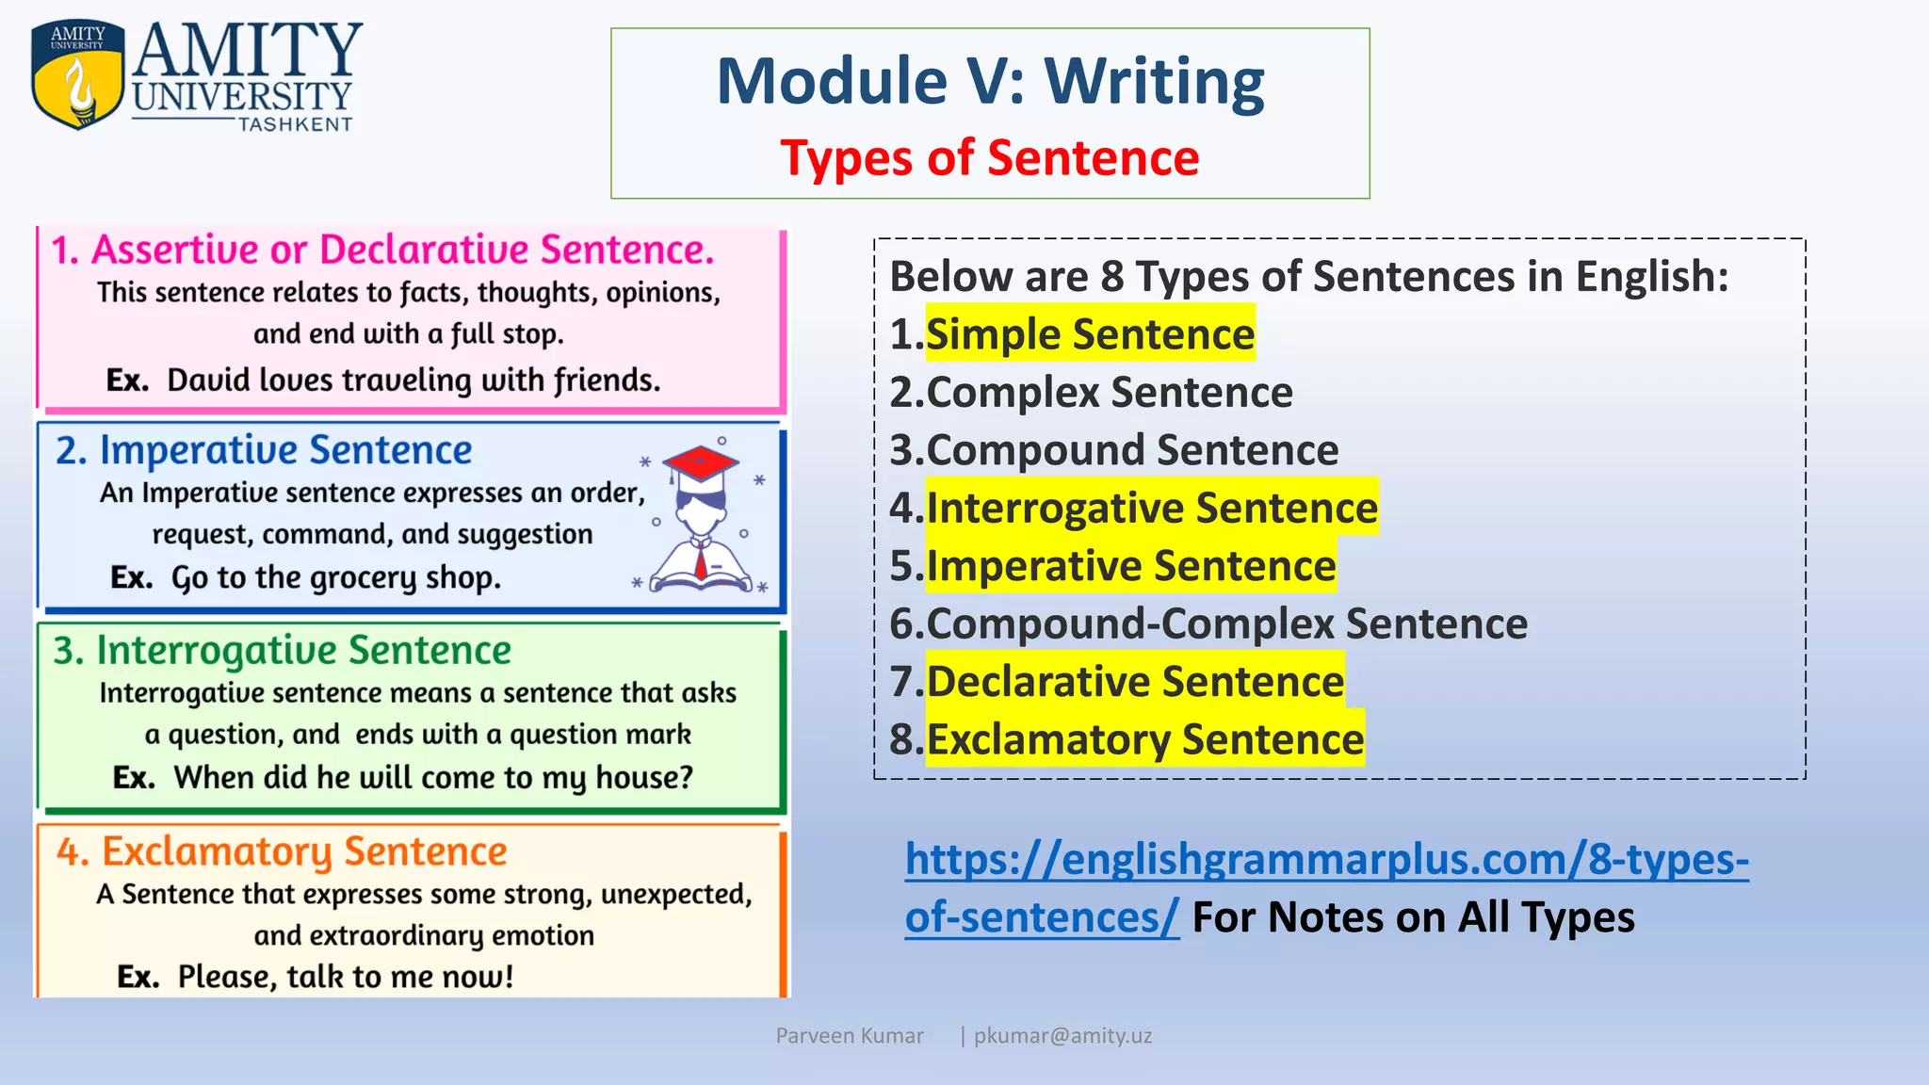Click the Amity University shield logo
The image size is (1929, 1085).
point(78,75)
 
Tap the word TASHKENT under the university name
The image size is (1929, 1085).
point(295,125)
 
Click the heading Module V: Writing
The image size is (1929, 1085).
point(990,81)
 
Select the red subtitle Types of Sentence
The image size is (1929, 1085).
point(990,158)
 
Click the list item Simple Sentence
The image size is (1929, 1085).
point(1090,334)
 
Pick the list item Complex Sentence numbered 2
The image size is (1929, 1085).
point(1109,393)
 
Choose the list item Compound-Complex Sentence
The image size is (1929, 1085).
point(1225,623)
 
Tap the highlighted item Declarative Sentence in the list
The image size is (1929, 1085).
point(1134,682)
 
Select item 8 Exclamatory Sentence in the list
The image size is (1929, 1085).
point(1144,739)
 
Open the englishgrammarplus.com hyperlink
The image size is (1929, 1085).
point(1326,860)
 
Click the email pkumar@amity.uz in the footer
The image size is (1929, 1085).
point(1062,1036)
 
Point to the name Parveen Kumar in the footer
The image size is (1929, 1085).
point(850,1036)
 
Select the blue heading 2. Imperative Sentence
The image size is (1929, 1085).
point(264,450)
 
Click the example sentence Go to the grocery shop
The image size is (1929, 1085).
point(335,577)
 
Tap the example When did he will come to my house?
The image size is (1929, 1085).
point(433,778)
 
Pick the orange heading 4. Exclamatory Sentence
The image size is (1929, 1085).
point(282,851)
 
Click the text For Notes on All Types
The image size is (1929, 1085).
point(1413,917)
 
